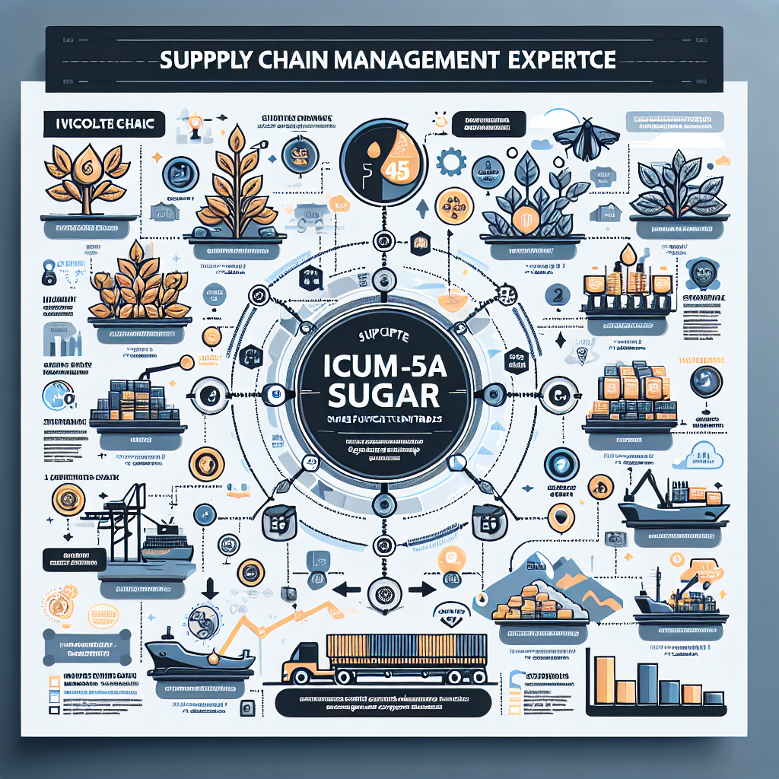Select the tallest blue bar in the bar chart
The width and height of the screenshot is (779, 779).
pyautogui.click(x=647, y=682)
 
